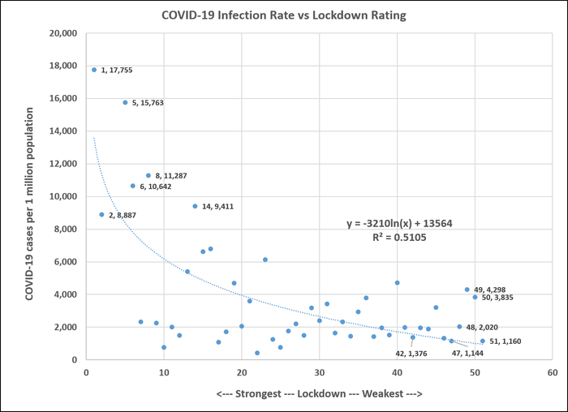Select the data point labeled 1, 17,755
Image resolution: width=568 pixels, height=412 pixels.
point(94,70)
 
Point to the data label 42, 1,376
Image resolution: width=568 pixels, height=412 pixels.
point(413,354)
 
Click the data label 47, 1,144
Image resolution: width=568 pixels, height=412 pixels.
point(468,354)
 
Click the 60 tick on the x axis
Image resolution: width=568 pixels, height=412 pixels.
point(552,372)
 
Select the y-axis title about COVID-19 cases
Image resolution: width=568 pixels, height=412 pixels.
point(30,195)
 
